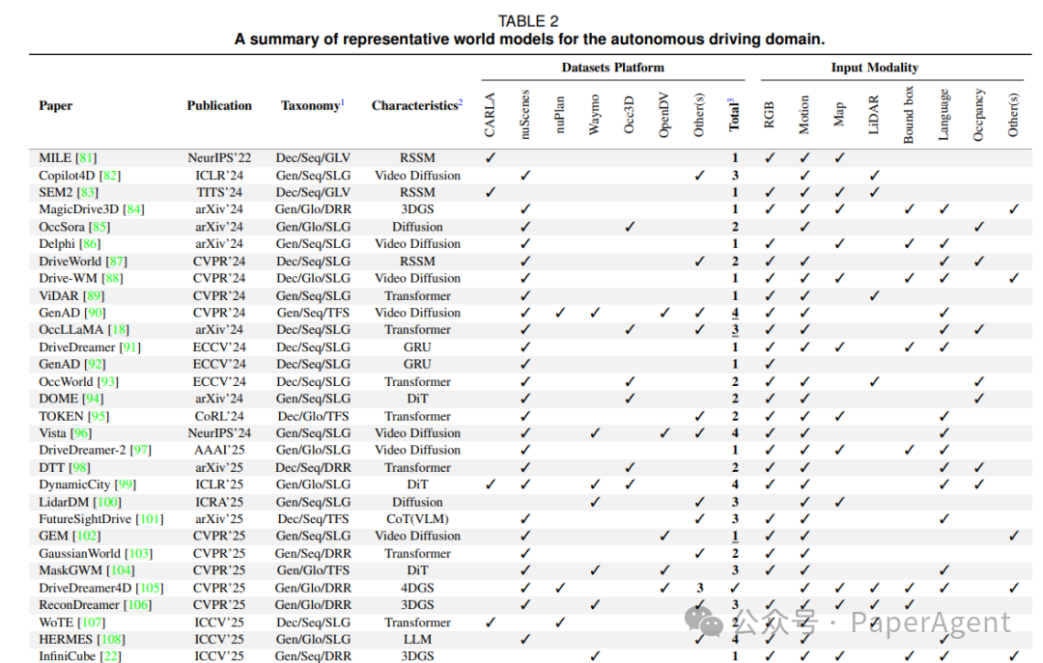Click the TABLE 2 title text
527,21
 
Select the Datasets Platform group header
612,68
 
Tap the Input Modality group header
874,68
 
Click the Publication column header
219,106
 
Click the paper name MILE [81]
68,157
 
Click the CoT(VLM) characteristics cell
417,519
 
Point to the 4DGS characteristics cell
417,588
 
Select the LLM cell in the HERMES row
417,639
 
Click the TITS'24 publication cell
219,192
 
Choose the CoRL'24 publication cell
219,416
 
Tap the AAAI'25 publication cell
219,450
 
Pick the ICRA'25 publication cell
219,502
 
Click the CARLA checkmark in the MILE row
491,157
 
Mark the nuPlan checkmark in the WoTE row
560,622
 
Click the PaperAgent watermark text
929,622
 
